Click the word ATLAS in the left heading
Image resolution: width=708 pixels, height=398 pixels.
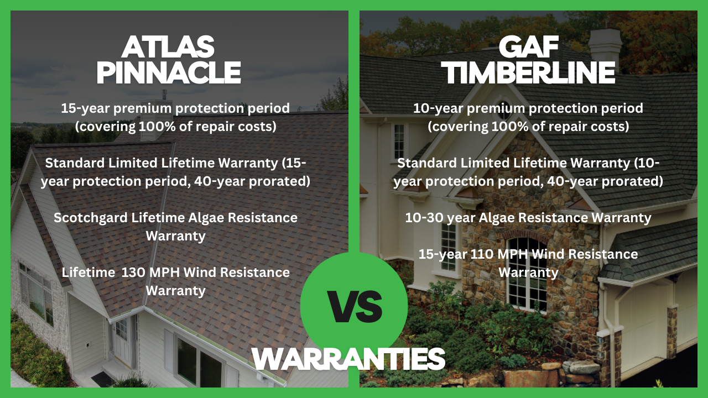point(168,48)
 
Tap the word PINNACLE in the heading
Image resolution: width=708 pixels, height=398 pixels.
point(168,72)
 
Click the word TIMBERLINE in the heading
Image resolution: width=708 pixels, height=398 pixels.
point(530,72)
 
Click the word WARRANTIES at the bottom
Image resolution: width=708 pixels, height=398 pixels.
point(348,359)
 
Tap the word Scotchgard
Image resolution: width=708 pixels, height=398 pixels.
point(90,218)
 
